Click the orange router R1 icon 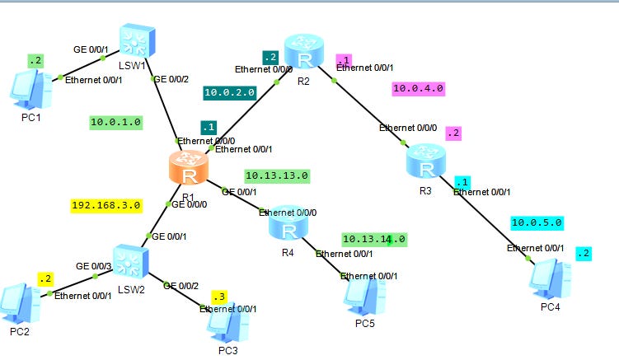point(190,170)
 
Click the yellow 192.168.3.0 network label point(106,205)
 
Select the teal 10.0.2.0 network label point(229,93)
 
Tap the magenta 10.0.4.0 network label point(419,87)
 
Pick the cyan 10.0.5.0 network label point(537,222)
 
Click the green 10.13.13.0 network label point(277,175)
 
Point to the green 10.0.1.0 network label point(116,122)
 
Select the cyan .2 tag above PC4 point(584,253)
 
